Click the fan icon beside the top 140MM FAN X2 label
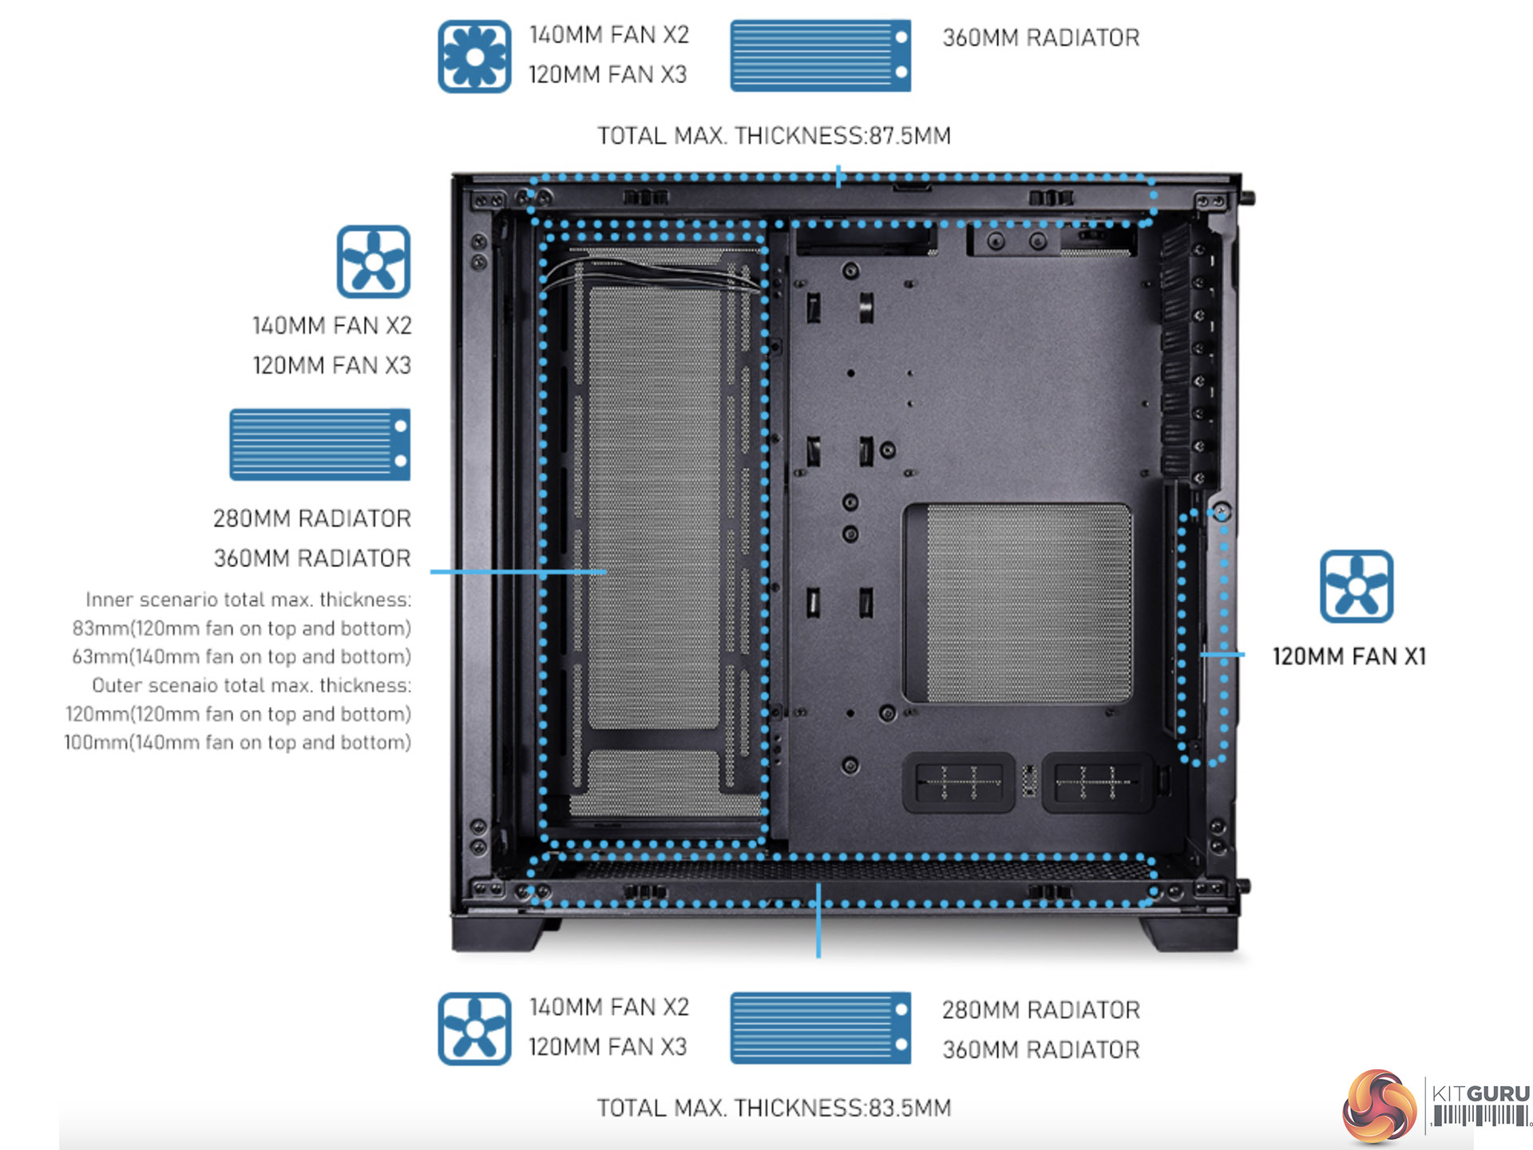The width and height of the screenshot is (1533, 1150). [474, 57]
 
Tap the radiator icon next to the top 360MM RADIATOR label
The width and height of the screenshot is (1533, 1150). [820, 56]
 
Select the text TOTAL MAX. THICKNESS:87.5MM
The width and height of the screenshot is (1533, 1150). [774, 136]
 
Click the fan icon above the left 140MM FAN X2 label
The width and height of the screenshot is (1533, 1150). [373, 262]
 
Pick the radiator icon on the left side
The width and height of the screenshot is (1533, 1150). [319, 445]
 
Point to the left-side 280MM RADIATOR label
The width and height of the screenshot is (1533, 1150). [312, 518]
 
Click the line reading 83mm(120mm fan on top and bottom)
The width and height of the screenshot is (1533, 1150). [241, 629]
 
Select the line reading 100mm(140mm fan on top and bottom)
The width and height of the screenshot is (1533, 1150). [237, 743]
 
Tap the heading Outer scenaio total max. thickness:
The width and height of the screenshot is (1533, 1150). [252, 685]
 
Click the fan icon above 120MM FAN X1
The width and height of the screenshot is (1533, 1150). [1356, 586]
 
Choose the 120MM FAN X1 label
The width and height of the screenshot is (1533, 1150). [1349, 656]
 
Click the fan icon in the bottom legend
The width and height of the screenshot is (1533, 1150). [474, 1029]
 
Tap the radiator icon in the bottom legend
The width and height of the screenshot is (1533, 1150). [820, 1028]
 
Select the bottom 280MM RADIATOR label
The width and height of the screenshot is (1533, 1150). [1040, 1010]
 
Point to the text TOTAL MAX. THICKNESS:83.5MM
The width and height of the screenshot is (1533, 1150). [774, 1108]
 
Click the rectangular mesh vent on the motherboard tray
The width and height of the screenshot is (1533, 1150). [1017, 603]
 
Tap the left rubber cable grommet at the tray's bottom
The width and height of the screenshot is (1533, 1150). [958, 782]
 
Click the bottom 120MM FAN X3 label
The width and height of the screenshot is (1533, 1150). [608, 1047]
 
